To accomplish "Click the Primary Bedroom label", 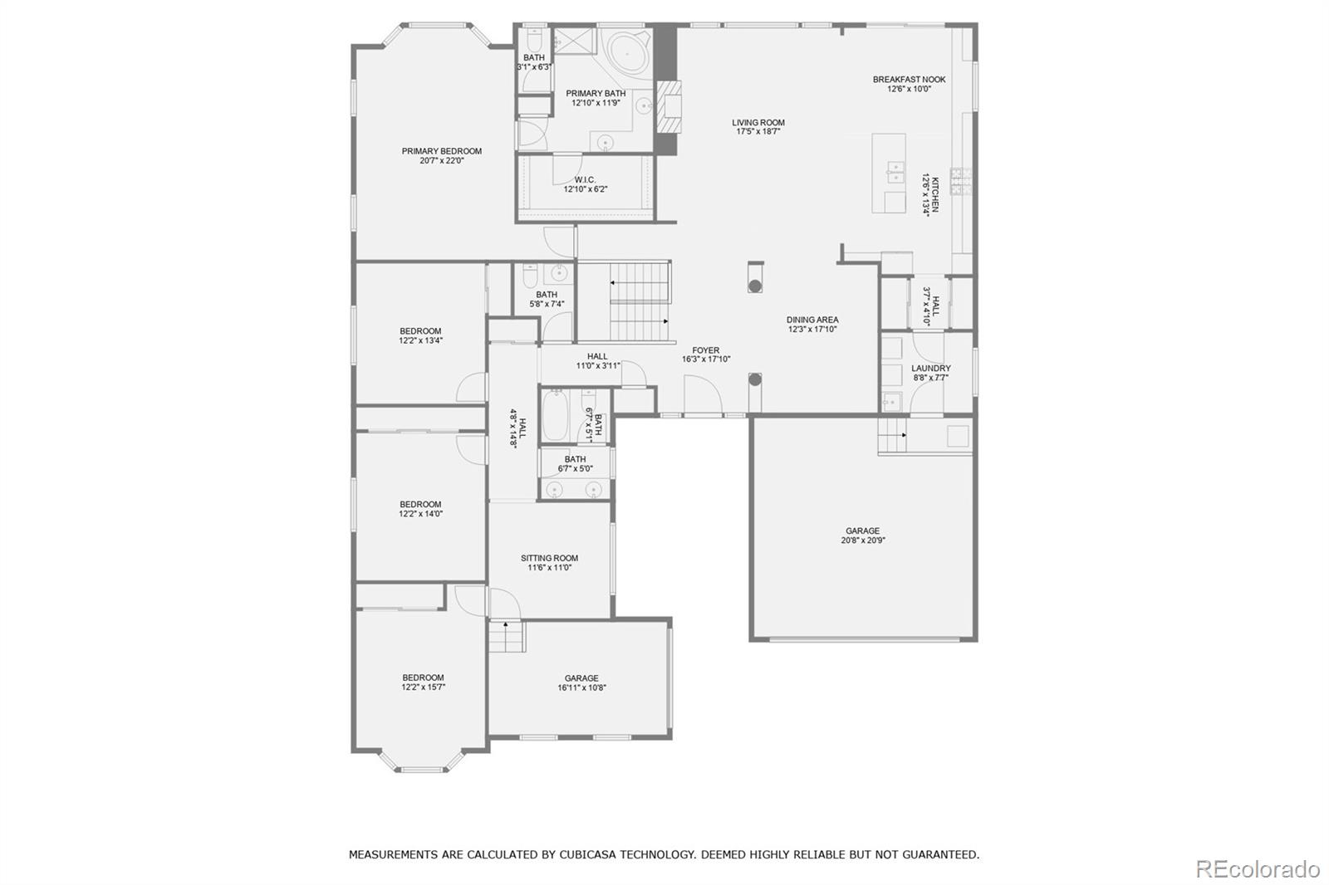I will pos(441,151).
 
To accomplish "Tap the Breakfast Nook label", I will pos(909,80).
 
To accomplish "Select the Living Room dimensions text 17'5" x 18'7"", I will pos(759,132).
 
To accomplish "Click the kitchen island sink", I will pos(895,171).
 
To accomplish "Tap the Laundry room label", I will pos(930,368).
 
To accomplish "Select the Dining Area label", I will pos(812,320).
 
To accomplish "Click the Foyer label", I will pos(706,350).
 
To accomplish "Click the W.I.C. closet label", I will pos(585,180).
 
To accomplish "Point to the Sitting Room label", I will pos(549,558).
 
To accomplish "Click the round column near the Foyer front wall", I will pos(754,379).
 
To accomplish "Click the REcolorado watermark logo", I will pos(1256,868).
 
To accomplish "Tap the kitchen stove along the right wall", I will pos(960,181).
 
